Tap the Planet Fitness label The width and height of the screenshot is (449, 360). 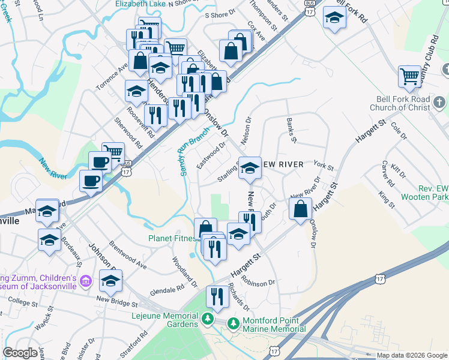coord(173,238)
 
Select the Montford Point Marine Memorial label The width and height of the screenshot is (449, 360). coord(274,325)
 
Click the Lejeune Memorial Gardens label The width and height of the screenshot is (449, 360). coord(165,319)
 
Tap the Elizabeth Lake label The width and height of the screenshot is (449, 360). coord(140,4)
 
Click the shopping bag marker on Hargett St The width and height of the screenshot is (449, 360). coord(301,209)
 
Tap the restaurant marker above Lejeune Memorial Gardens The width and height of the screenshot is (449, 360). coord(217,296)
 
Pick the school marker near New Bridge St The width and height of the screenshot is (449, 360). coord(111,280)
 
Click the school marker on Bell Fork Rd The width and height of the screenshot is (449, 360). coord(334,18)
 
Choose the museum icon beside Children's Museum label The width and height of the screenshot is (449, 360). coord(85,281)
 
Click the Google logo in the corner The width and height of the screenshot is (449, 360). coord(20,353)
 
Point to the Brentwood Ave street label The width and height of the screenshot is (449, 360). coord(128,256)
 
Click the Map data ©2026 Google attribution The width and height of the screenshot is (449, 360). coord(412,355)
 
